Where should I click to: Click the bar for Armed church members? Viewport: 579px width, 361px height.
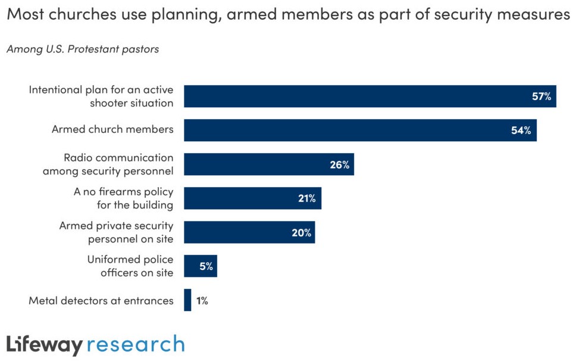coord(360,130)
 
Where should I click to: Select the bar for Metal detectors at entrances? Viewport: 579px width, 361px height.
coord(187,300)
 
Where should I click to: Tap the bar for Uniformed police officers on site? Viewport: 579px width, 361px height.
coord(200,266)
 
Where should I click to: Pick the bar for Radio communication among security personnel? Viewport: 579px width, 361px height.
coord(268,164)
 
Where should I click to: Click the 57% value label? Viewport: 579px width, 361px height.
coord(542,97)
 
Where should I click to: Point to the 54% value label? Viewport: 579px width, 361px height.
coord(521,130)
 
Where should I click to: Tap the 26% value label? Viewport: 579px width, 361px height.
coord(339,164)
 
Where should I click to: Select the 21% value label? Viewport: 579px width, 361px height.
coord(306,198)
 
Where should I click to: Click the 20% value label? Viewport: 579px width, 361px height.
coord(301,232)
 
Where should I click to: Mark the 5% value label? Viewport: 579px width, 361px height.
coord(206,266)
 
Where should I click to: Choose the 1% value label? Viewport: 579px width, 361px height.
coord(202,301)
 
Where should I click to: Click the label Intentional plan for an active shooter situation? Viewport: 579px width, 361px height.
coord(101,97)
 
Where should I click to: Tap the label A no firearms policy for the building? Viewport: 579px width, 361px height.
coord(123,198)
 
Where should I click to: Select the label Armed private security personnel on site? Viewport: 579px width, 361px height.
coord(116,232)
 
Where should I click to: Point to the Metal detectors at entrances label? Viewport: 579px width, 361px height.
coord(101,301)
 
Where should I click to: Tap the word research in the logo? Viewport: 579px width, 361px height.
coord(136,345)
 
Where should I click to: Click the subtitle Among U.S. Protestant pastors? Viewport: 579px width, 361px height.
coord(83,49)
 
